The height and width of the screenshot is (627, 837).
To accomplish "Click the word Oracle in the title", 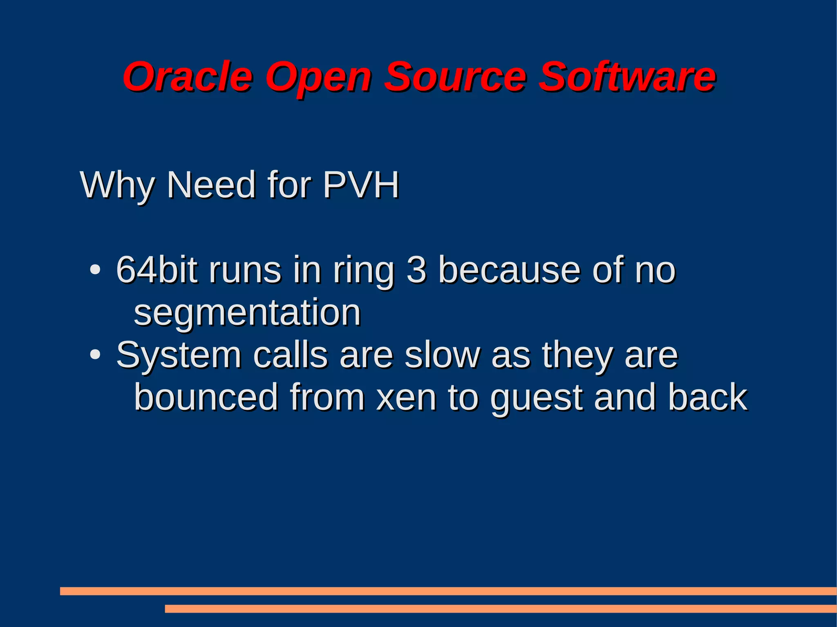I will [x=188, y=76].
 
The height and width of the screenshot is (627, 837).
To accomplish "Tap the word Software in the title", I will [x=627, y=76].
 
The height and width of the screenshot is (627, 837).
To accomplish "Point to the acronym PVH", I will [x=360, y=185].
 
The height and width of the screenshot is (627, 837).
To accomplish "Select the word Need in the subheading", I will [x=211, y=185].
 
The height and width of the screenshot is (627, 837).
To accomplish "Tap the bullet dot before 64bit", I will [x=95, y=270].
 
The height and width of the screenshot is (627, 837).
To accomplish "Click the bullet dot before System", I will [x=95, y=355].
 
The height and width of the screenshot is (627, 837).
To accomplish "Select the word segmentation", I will [x=247, y=313].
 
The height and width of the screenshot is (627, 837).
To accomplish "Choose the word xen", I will [x=406, y=397].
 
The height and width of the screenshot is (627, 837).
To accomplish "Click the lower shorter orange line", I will [x=500, y=609].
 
